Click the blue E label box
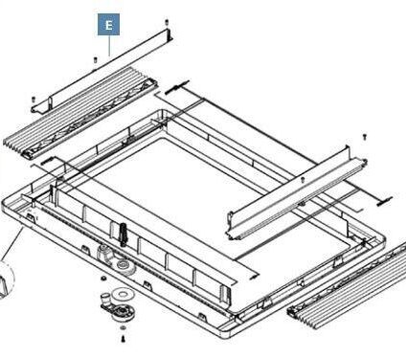coord(108,24)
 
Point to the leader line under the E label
coord(109,46)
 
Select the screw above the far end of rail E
coord(167,22)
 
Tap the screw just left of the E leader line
coord(95,59)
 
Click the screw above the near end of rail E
coord(34,100)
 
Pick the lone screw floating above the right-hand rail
coord(365,137)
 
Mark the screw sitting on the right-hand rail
coord(303,180)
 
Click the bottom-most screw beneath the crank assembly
coord(124,339)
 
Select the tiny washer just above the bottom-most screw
coord(123,328)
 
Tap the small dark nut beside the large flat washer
coord(103,279)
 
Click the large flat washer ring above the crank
coord(122,293)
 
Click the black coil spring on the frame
coord(124,235)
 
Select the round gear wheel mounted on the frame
coord(123,264)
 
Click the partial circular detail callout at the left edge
coord(8,280)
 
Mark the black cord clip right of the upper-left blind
coord(175,87)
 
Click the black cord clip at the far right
coord(384,201)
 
